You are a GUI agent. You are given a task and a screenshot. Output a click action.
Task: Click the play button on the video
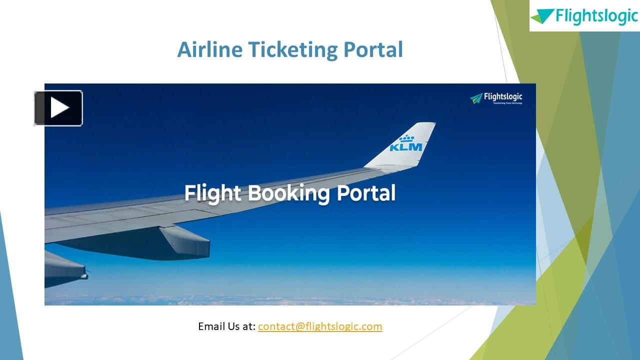pyautogui.click(x=58, y=108)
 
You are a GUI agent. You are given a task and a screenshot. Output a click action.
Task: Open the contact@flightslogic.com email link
pyautogui.click(x=320, y=326)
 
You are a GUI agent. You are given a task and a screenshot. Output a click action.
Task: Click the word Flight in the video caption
pyautogui.click(x=213, y=193)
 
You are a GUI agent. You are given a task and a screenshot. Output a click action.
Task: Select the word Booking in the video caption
pyautogui.click(x=289, y=193)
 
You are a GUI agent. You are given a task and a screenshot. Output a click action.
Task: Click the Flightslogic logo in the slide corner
pyautogui.click(x=584, y=16)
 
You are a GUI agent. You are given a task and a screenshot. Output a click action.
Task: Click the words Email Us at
pyautogui.click(x=226, y=326)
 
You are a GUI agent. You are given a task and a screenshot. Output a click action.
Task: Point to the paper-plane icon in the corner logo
pyautogui.click(x=543, y=16)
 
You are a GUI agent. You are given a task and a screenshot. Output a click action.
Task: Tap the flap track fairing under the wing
pyautogui.click(x=185, y=242)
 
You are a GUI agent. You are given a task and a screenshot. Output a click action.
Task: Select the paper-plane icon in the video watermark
pyautogui.click(x=476, y=98)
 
